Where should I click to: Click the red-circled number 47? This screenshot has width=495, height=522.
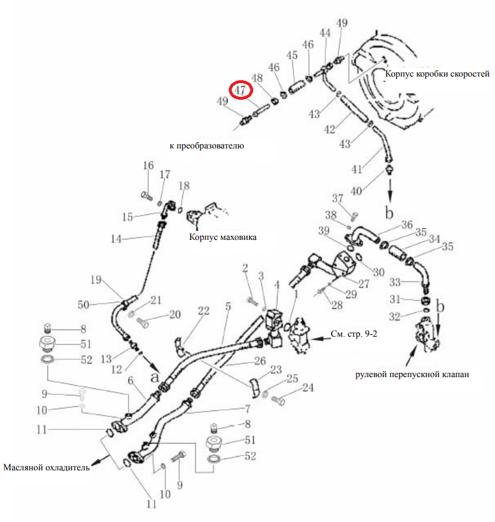point(241,90)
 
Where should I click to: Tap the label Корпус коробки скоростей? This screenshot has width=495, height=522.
point(437,74)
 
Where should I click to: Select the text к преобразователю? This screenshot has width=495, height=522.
point(207,146)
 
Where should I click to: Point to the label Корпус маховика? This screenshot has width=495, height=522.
point(222,237)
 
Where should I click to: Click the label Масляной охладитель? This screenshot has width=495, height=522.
point(46,467)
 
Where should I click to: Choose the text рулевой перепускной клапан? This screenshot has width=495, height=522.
point(412,375)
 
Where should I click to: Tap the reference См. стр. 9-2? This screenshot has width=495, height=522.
point(354,334)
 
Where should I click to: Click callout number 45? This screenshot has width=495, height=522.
point(292,55)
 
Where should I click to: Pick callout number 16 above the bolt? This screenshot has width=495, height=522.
point(148,166)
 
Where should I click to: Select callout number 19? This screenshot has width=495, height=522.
point(96,280)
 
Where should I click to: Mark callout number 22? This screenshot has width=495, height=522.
point(204,311)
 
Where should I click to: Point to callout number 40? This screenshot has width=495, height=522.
point(356,191)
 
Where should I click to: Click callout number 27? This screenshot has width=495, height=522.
point(364,284)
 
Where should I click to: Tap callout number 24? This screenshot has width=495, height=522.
point(308,388)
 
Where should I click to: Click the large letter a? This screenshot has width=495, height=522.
point(155,377)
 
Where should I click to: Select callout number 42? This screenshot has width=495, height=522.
point(330,129)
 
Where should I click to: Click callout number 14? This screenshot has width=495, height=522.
point(116,239)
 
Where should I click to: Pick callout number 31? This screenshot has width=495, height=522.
point(395,299)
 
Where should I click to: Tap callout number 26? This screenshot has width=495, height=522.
point(260,360)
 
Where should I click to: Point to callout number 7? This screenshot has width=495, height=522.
point(248,409)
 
